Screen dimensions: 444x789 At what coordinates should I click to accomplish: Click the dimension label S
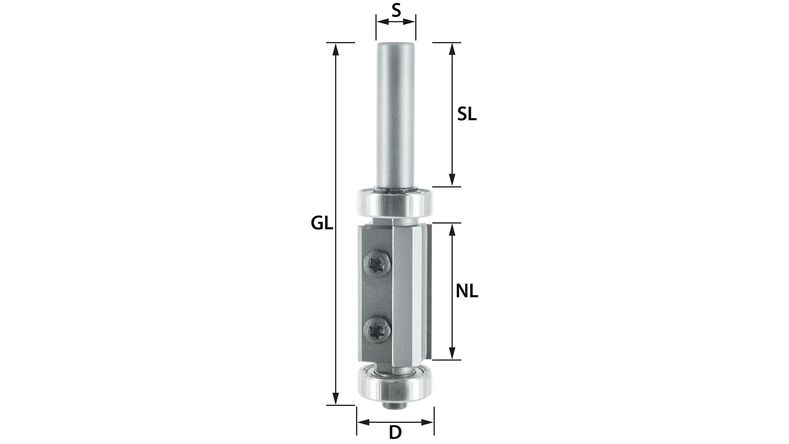coord(396,11)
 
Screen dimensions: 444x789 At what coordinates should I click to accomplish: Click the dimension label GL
coord(322,223)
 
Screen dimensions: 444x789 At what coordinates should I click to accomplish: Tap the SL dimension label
coord(467,114)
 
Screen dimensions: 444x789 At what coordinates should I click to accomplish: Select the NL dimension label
coord(467,292)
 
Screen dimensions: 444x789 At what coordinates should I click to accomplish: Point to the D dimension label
coord(395,433)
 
